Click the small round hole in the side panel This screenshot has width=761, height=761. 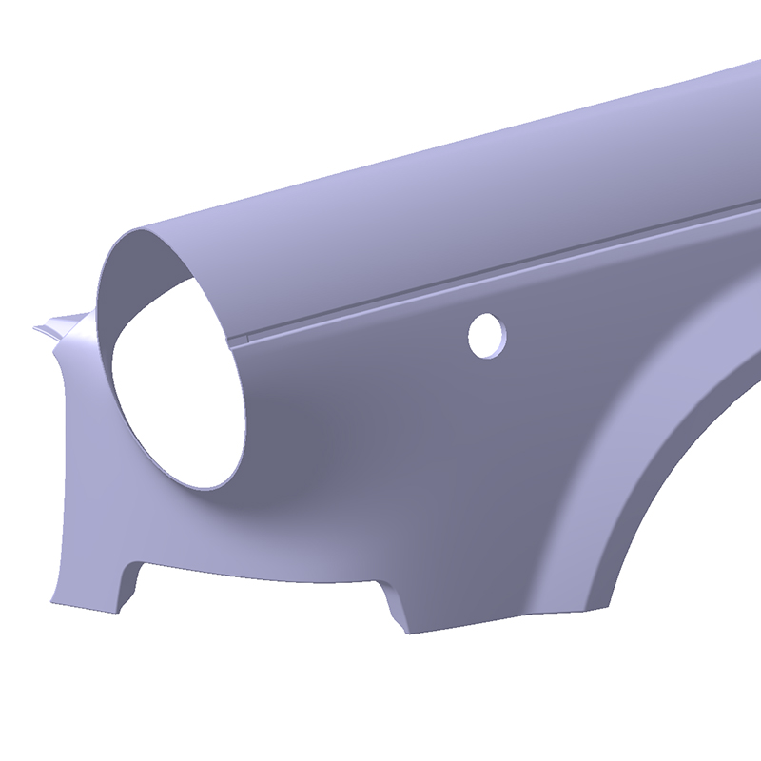tap(487, 335)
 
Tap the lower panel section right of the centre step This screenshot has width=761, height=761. tap(495, 571)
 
